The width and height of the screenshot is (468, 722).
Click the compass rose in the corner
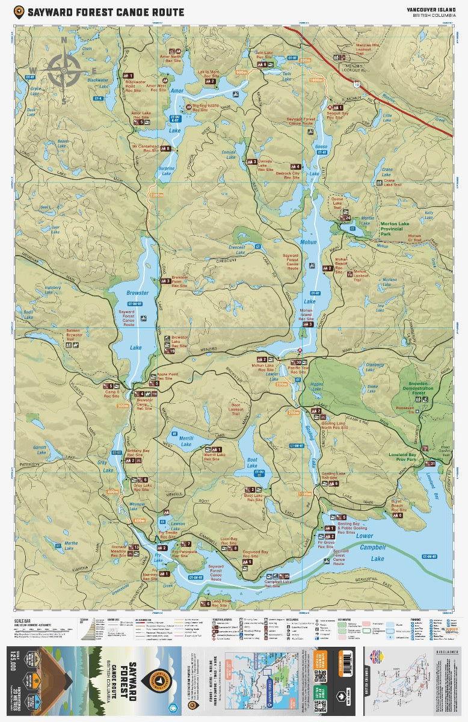pos(64,70)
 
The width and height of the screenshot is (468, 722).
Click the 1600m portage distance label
pos(316,79)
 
